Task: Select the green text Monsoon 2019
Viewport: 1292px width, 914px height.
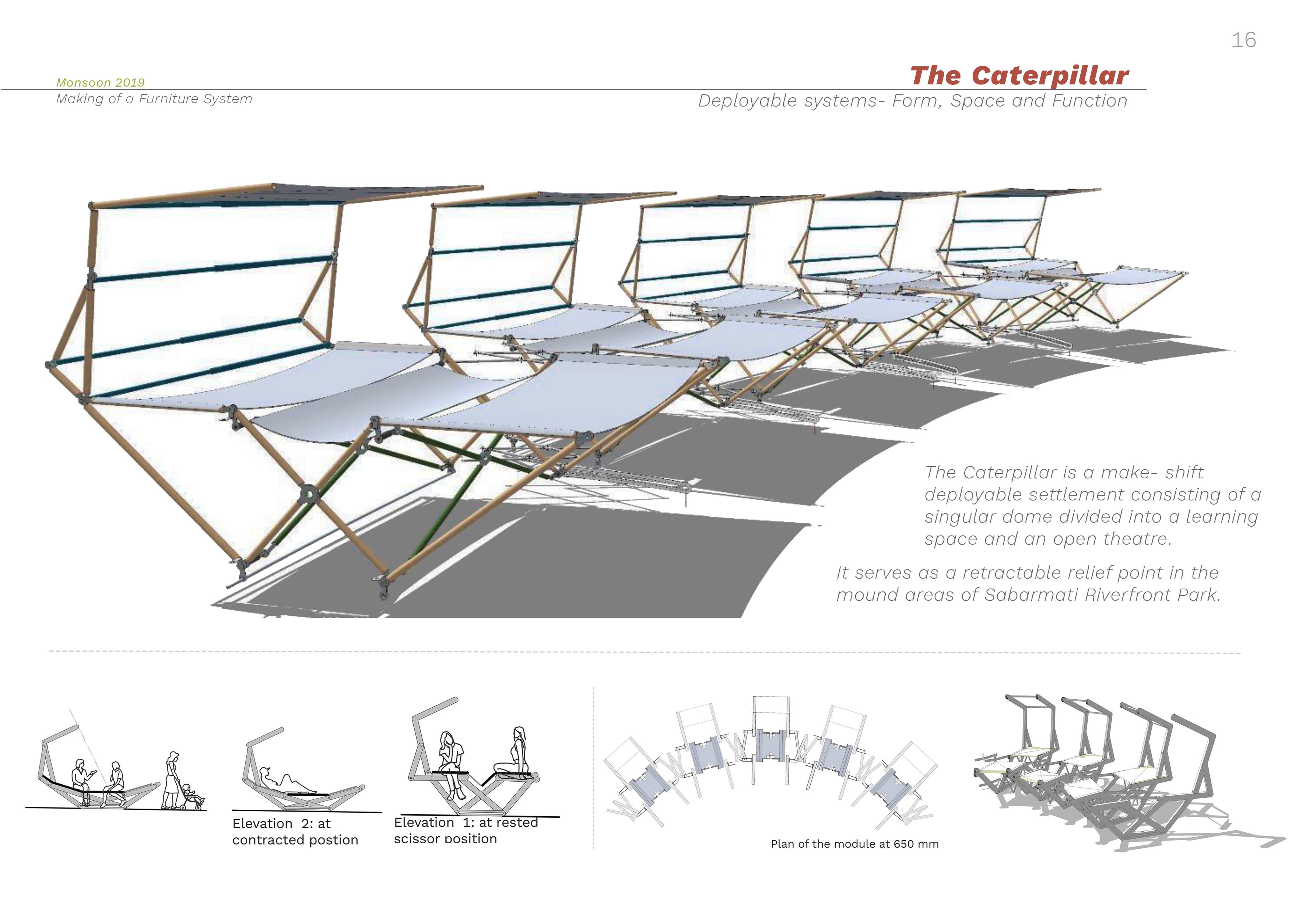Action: (100, 83)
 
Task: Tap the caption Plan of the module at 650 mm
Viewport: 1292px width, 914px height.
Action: (854, 844)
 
